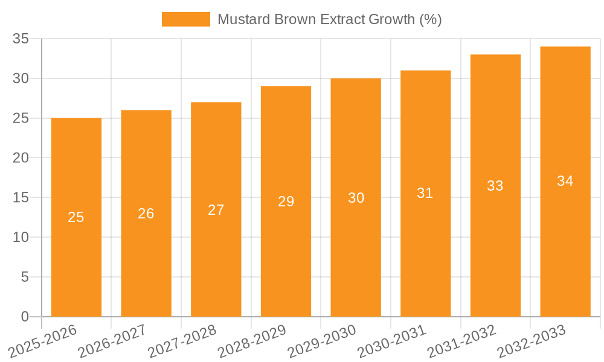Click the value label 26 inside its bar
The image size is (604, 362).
[x=146, y=214]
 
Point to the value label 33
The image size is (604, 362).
[x=495, y=186]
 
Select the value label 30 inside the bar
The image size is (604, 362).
[x=356, y=198]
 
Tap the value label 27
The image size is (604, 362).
[x=216, y=210]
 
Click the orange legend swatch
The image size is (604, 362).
[x=185, y=19]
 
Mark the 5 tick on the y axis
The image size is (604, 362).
[x=25, y=277]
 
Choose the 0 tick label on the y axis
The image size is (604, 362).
[x=25, y=317]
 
